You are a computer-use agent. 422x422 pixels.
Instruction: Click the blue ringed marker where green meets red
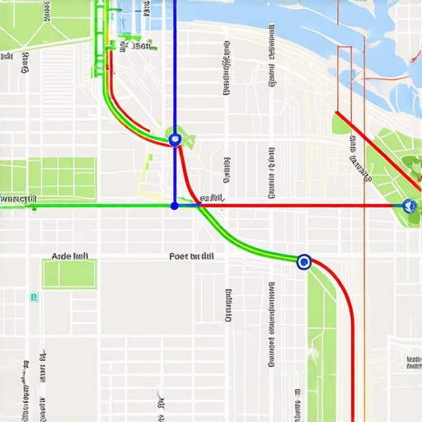click(x=303, y=262)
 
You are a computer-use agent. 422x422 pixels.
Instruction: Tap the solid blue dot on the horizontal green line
click(x=174, y=205)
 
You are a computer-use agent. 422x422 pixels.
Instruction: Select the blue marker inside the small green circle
click(x=174, y=139)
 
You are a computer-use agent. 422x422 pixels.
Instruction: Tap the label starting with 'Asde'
click(x=70, y=256)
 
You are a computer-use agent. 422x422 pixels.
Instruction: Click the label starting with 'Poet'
click(x=191, y=256)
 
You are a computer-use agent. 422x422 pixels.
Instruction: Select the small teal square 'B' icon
click(x=33, y=297)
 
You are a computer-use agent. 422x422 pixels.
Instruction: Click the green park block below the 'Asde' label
click(x=69, y=274)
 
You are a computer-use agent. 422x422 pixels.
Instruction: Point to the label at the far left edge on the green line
click(x=18, y=199)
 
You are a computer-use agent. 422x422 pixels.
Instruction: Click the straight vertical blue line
click(x=175, y=66)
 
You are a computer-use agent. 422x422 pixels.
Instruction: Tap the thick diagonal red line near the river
click(x=379, y=148)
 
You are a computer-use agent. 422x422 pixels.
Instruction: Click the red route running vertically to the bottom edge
click(x=354, y=363)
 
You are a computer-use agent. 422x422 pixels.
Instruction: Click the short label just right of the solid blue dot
click(x=213, y=198)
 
